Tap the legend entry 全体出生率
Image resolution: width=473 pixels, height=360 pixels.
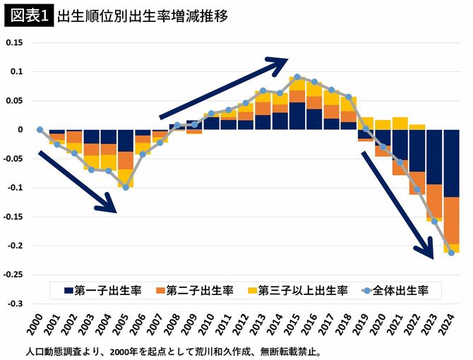tap(400, 289)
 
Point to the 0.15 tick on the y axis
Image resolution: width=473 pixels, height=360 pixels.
tap(14, 42)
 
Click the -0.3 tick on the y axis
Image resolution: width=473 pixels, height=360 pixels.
tap(14, 304)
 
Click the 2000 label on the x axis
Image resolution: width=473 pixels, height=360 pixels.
tap(40, 325)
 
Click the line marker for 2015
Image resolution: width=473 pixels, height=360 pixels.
tap(297, 77)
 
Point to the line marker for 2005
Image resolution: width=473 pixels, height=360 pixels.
tap(126, 187)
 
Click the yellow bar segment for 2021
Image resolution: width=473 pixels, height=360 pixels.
tap(400, 124)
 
